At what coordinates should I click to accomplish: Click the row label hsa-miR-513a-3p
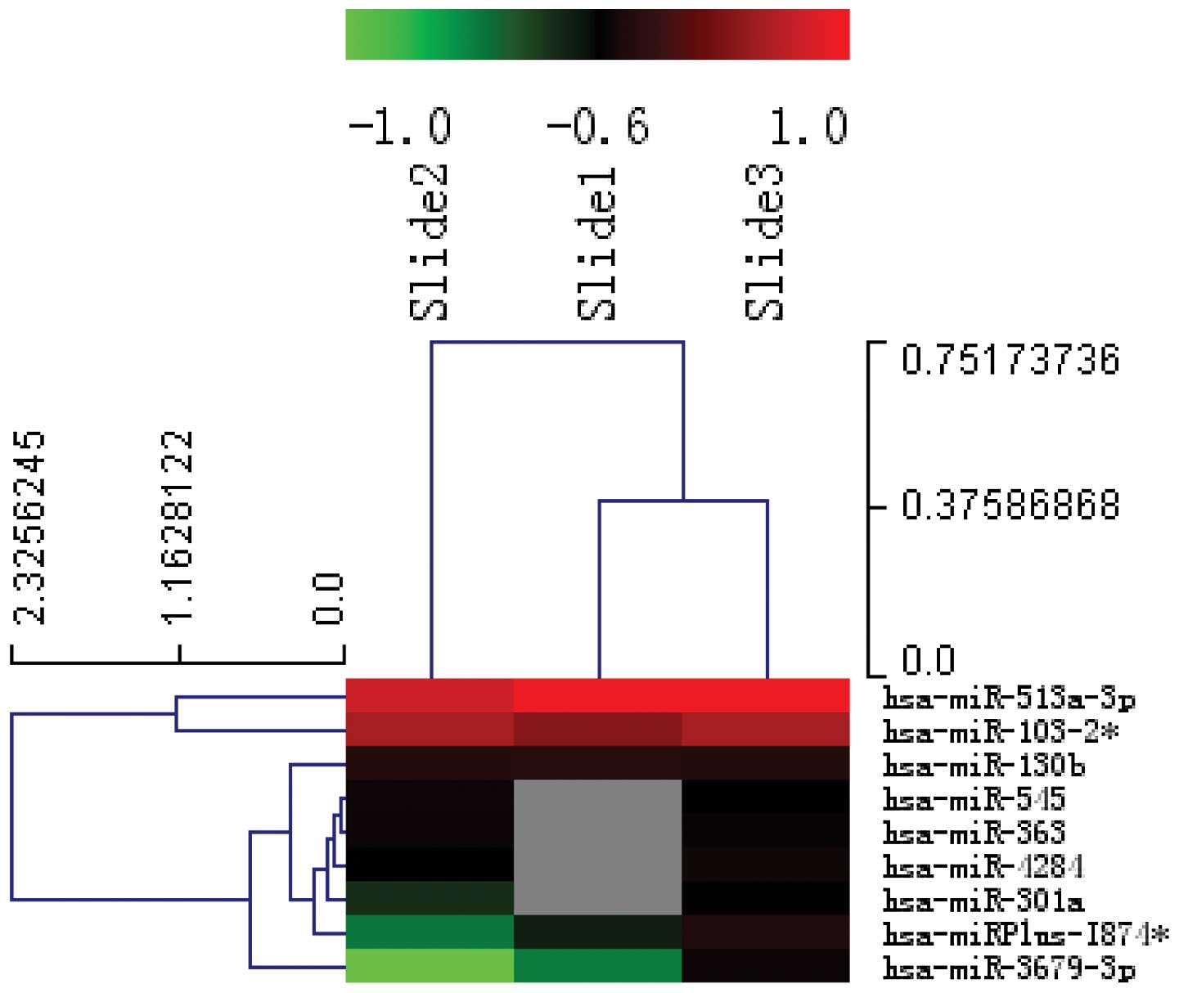pyautogui.click(x=1009, y=699)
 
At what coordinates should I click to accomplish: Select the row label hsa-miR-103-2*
pyautogui.click(x=1001, y=732)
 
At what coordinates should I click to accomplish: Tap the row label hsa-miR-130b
pyautogui.click(x=983, y=766)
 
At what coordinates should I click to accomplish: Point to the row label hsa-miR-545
pyautogui.click(x=974, y=799)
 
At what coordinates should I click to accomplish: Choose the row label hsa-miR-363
pyautogui.click(x=974, y=833)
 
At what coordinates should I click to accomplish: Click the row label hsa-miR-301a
pyautogui.click(x=983, y=901)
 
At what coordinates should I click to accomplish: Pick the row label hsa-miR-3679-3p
pyautogui.click(x=1009, y=968)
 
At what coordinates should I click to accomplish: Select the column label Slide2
pyautogui.click(x=429, y=242)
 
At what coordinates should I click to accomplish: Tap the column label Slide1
pyautogui.click(x=596, y=244)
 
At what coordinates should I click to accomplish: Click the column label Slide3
pyautogui.click(x=765, y=242)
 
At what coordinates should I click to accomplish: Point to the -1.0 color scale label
pyautogui.click(x=400, y=128)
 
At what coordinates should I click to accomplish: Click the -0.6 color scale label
pyautogui.click(x=597, y=128)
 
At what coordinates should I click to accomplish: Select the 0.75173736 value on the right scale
pyautogui.click(x=1010, y=360)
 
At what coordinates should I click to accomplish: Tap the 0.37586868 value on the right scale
pyautogui.click(x=1010, y=505)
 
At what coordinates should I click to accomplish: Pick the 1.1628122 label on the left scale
pyautogui.click(x=178, y=528)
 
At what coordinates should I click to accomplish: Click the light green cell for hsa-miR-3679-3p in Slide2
pyautogui.click(x=430, y=965)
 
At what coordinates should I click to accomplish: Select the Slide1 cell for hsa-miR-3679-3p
pyautogui.click(x=597, y=965)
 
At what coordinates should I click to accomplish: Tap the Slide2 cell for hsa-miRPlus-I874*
pyautogui.click(x=430, y=932)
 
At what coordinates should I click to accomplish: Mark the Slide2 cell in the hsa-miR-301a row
pyautogui.click(x=430, y=898)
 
